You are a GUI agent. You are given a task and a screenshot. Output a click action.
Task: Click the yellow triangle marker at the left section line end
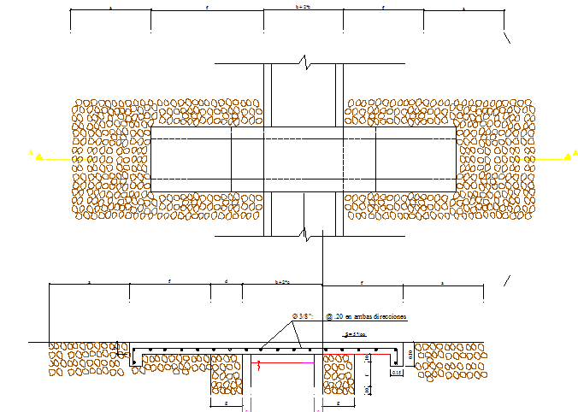(x=37, y=155)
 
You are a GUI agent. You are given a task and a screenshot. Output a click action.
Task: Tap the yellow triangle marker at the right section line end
(x=567, y=155)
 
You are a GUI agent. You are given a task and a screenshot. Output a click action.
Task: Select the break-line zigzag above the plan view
(x=303, y=62)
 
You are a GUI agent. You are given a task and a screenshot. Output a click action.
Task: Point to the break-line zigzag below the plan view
(x=303, y=231)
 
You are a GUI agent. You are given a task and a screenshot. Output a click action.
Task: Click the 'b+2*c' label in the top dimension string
(x=303, y=7)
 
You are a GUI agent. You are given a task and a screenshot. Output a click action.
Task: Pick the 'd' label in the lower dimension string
(x=226, y=280)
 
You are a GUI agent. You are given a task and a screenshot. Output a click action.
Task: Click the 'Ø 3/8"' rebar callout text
(x=303, y=316)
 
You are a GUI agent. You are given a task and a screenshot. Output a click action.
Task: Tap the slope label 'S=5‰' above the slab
(x=353, y=334)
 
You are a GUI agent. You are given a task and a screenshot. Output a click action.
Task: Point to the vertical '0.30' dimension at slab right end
(x=410, y=354)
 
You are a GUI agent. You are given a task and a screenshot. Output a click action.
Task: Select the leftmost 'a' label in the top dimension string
(x=110, y=7)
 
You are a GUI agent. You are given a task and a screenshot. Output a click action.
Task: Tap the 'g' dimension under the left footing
(x=226, y=401)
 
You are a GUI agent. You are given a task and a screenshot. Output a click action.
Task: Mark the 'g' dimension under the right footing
(x=339, y=401)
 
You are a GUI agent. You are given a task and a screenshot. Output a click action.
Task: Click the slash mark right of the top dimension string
(x=508, y=37)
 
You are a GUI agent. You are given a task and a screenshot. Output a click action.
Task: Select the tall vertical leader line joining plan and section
(x=322, y=256)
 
